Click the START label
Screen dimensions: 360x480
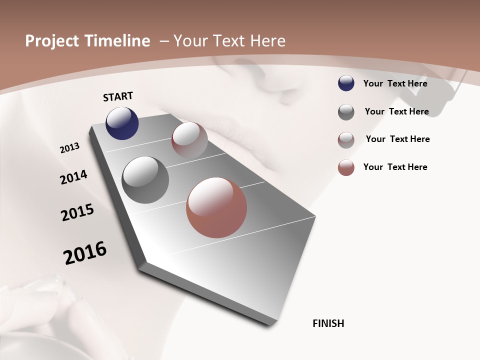pos(118,96)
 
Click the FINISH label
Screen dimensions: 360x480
pos(328,323)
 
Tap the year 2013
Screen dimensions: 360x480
pos(69,148)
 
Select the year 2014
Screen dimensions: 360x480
pos(73,177)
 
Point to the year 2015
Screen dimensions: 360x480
pos(77,212)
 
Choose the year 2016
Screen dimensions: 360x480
pos(85,253)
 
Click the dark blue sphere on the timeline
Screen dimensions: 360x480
pos(122,123)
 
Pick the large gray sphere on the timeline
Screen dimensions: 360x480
pos(145,180)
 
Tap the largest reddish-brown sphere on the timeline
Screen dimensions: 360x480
pos(216,207)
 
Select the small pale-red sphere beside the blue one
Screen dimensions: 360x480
pos(189,140)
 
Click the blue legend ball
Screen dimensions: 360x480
pos(346,83)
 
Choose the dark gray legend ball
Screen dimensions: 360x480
pos(346,112)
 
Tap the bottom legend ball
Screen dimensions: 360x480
pos(346,167)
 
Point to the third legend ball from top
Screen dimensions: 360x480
pos(346,140)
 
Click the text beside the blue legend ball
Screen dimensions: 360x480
pos(395,83)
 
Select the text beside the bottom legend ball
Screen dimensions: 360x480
pos(395,167)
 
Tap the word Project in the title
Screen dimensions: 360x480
pos(52,41)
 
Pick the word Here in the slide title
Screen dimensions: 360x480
pos(267,41)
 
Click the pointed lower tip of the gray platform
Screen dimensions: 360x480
pos(270,325)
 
